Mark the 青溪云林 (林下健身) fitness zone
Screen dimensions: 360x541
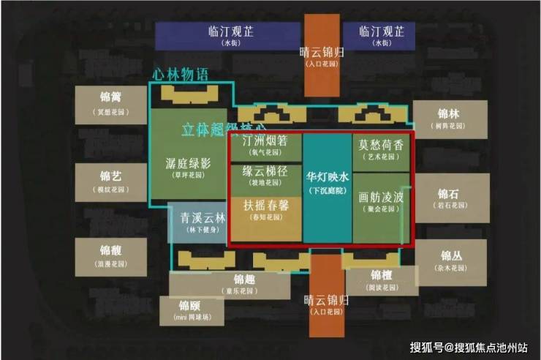pos(197,222)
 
